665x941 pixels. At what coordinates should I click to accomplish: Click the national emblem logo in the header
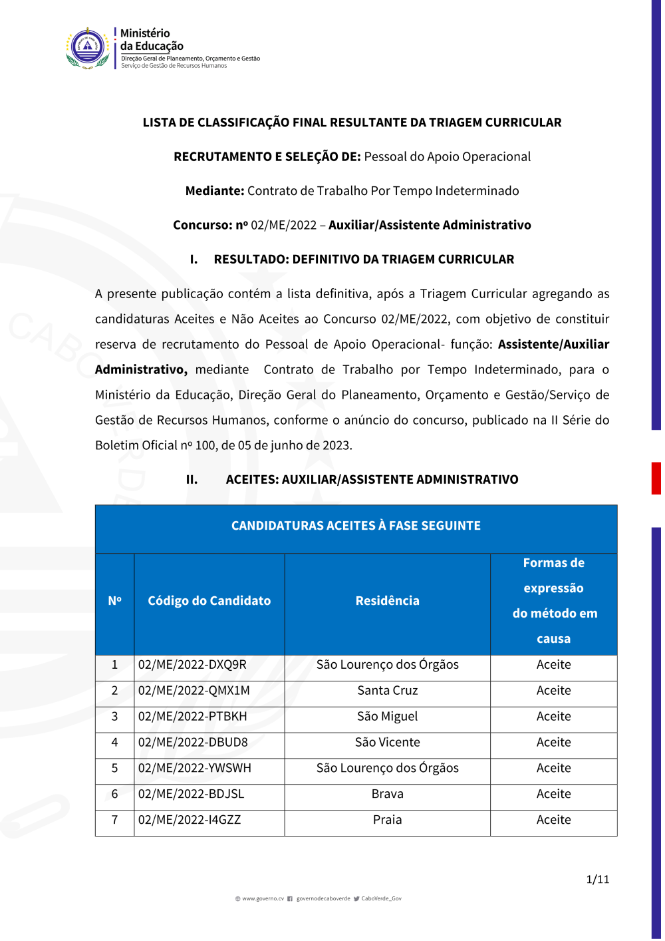pos(88,48)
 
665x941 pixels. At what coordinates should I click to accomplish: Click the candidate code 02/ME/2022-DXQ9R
pos(192,665)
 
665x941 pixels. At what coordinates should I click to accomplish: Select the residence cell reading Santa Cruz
pos(387,691)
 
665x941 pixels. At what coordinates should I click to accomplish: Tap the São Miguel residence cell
pos(387,717)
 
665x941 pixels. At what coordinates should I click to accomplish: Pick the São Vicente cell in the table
pos(387,743)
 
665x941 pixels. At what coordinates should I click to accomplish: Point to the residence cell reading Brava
pos(387,795)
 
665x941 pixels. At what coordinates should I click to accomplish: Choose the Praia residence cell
pos(387,821)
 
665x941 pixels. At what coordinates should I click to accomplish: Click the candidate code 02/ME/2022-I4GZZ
pos(190,821)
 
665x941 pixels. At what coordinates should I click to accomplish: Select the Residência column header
pos(387,601)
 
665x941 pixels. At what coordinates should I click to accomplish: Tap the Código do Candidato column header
pos(209,601)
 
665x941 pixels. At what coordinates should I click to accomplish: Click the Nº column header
pos(114,601)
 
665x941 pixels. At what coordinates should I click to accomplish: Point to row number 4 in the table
pos(114,743)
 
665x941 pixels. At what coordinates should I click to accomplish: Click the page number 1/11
pos(597,880)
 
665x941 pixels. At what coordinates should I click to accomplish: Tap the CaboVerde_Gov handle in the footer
pos(381,899)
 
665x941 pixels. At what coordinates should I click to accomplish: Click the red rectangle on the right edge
pos(656,478)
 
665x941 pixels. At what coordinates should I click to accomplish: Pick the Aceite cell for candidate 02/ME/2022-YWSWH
pos(553,769)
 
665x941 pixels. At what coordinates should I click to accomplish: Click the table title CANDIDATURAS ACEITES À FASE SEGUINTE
pos(356,526)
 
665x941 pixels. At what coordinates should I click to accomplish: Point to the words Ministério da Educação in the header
pos(152,40)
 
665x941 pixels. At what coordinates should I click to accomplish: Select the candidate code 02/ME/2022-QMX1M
pos(194,691)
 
